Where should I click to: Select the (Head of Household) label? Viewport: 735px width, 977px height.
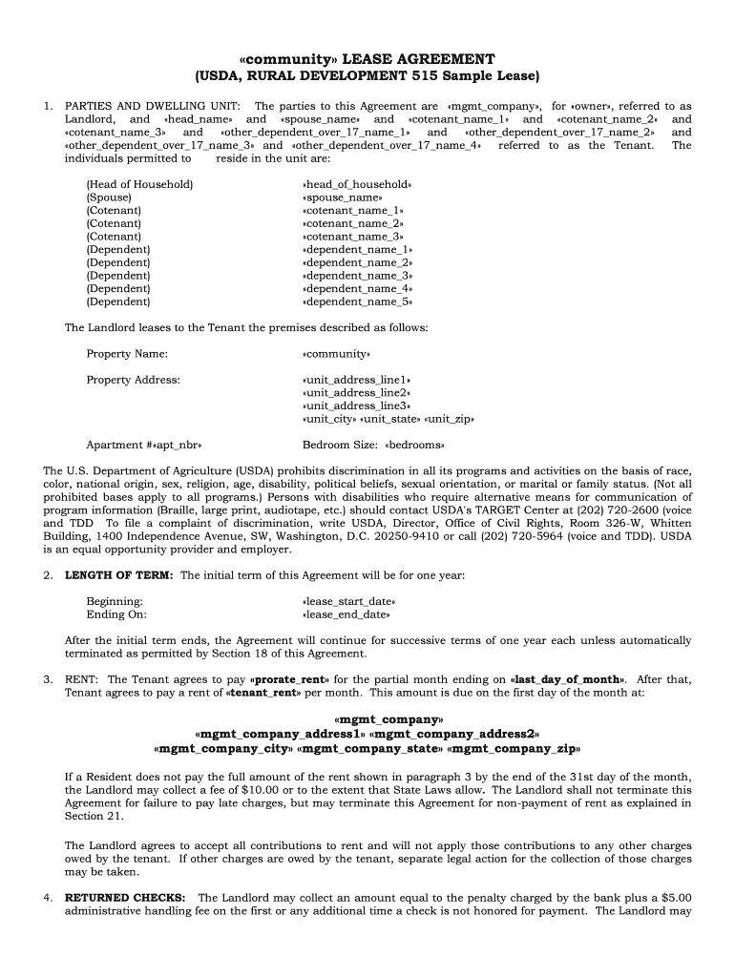click(x=139, y=184)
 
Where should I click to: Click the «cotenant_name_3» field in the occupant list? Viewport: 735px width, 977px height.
click(x=352, y=237)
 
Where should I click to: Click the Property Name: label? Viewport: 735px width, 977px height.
click(x=127, y=354)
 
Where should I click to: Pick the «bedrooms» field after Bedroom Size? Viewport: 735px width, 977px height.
click(x=415, y=445)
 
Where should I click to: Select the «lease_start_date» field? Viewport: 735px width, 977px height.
click(x=348, y=602)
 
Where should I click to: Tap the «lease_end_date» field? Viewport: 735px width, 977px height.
click(x=346, y=615)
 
